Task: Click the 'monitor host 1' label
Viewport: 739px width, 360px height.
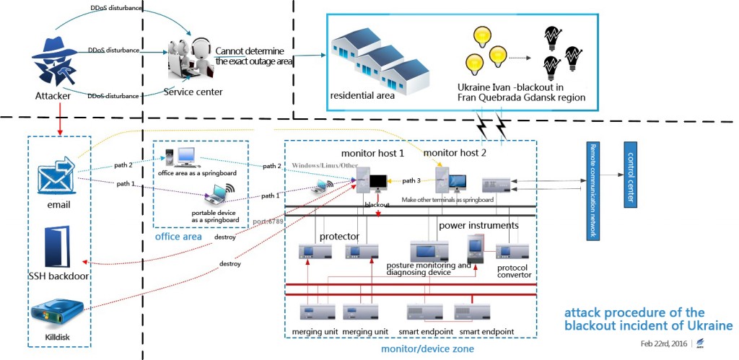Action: coord(372,154)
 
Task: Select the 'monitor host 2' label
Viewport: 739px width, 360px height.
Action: coord(455,152)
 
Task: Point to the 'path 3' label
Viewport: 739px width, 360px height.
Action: coord(411,180)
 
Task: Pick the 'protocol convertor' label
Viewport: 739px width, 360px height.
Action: coord(513,271)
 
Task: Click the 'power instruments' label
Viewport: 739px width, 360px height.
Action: coord(478,225)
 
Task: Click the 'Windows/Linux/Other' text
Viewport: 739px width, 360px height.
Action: coord(324,166)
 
